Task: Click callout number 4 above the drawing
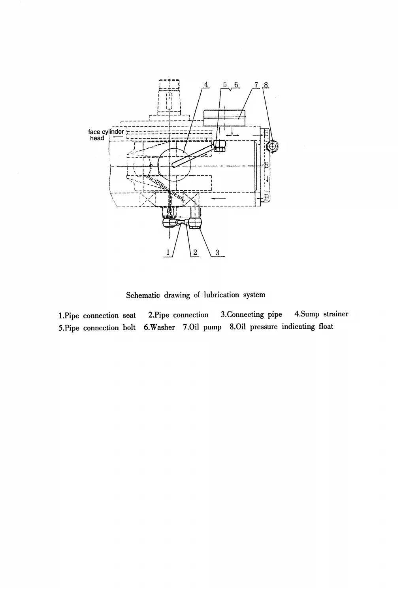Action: click(206, 84)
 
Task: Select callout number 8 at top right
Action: click(266, 84)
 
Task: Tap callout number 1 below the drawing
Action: click(168, 252)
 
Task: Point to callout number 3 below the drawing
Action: click(217, 252)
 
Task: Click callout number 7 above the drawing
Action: click(256, 84)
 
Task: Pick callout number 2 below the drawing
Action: click(195, 252)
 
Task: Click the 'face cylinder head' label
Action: click(100, 135)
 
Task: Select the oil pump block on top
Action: click(224, 117)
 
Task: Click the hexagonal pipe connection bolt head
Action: click(219, 146)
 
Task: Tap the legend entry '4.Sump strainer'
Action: click(321, 314)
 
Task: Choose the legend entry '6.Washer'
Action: click(159, 327)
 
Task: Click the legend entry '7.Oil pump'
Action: click(202, 327)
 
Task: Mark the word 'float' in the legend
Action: click(326, 327)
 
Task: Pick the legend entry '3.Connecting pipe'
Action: click(251, 315)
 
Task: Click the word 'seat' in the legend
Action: click(129, 316)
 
